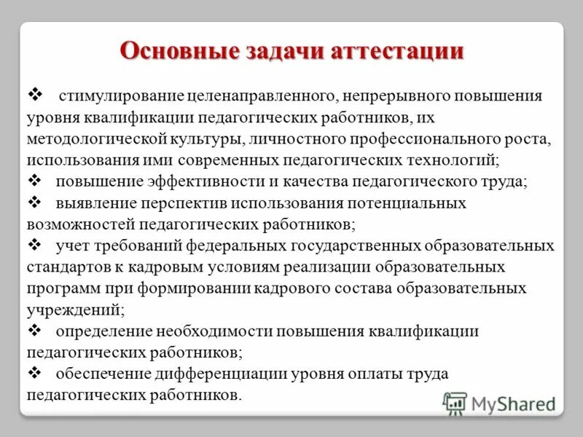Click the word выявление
pos(89,203)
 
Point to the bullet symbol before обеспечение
pos(34,374)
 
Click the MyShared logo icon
pos(455,403)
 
